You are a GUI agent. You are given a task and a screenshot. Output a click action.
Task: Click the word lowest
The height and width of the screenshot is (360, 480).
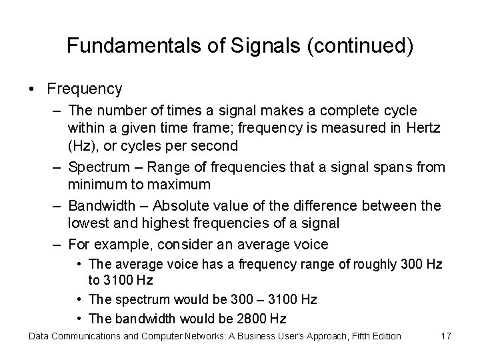pos(88,223)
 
